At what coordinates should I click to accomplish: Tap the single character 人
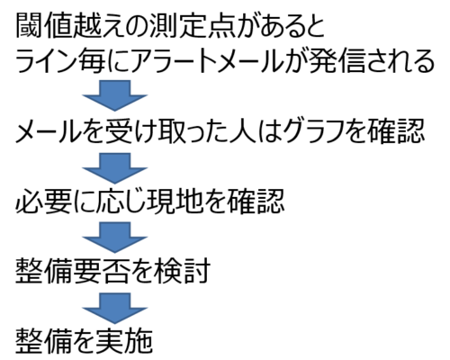(x=242, y=131)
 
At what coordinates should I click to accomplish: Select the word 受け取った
(x=163, y=131)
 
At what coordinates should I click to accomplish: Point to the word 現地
(x=168, y=201)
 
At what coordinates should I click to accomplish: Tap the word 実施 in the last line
(x=124, y=340)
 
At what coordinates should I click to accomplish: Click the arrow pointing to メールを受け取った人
(x=115, y=94)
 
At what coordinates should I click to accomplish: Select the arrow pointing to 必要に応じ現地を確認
(x=115, y=167)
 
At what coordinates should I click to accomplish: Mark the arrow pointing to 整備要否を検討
(x=115, y=238)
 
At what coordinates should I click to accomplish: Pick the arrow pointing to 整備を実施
(x=115, y=308)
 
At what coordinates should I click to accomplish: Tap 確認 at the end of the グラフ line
(x=396, y=131)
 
